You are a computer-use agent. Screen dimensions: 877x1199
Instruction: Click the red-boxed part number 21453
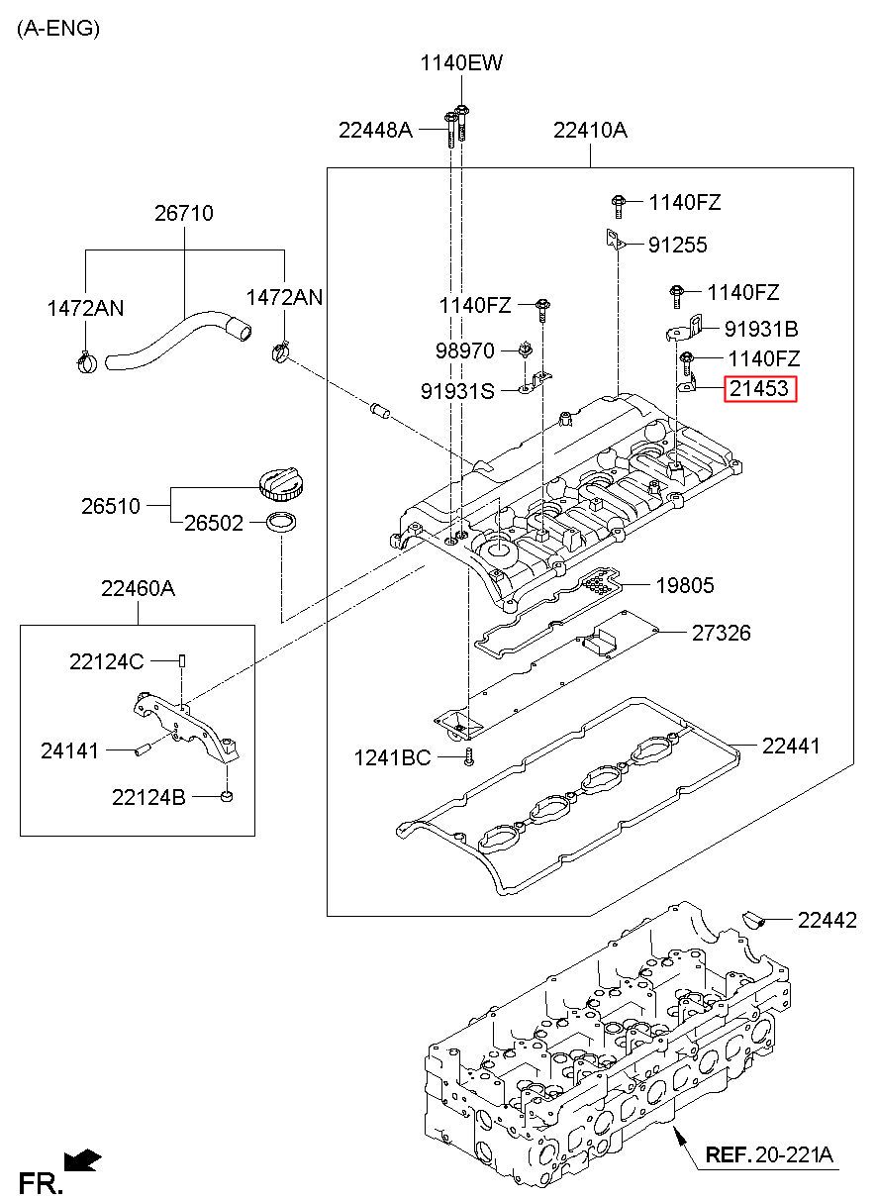760,388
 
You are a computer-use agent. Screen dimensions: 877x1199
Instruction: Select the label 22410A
590,130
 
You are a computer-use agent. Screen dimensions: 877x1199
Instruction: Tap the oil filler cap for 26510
281,483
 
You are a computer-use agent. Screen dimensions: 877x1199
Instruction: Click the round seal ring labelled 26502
281,523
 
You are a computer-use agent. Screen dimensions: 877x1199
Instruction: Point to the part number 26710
184,213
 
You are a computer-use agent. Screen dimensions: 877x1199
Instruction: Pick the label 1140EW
461,63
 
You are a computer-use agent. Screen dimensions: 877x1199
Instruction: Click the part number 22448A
375,130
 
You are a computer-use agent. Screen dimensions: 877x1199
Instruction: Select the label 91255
677,246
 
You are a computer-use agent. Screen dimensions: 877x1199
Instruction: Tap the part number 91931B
761,329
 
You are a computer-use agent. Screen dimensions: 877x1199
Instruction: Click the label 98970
464,351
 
